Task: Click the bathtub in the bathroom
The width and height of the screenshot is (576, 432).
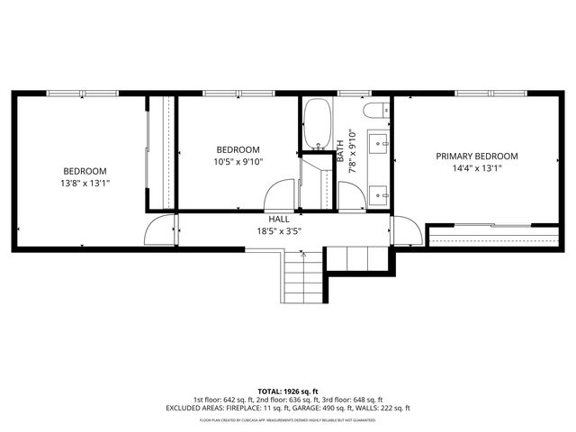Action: (x=317, y=124)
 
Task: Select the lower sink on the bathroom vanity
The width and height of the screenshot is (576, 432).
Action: (x=380, y=192)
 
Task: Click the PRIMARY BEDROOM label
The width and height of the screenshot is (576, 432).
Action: (x=476, y=156)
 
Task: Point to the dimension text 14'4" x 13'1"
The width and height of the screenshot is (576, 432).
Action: (x=476, y=167)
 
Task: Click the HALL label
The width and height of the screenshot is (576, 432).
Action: (x=279, y=219)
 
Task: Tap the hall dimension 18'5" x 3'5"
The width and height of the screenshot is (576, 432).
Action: (x=279, y=230)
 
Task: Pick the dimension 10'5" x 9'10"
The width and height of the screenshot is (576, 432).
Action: (x=238, y=162)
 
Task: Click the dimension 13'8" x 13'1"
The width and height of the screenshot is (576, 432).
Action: (x=85, y=184)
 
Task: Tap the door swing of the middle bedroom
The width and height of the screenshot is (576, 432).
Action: (x=281, y=196)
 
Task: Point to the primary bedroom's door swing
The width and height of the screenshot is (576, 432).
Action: (x=405, y=231)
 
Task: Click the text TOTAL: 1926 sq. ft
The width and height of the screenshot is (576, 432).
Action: (x=288, y=391)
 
